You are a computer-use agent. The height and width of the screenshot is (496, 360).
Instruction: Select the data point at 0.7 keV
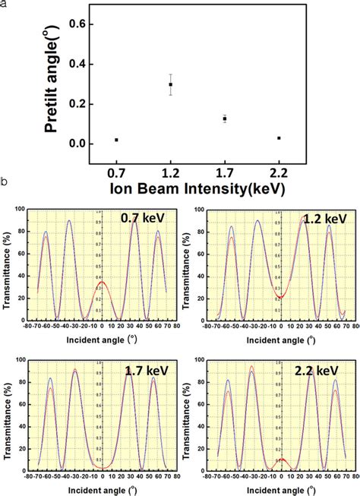click(116, 140)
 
